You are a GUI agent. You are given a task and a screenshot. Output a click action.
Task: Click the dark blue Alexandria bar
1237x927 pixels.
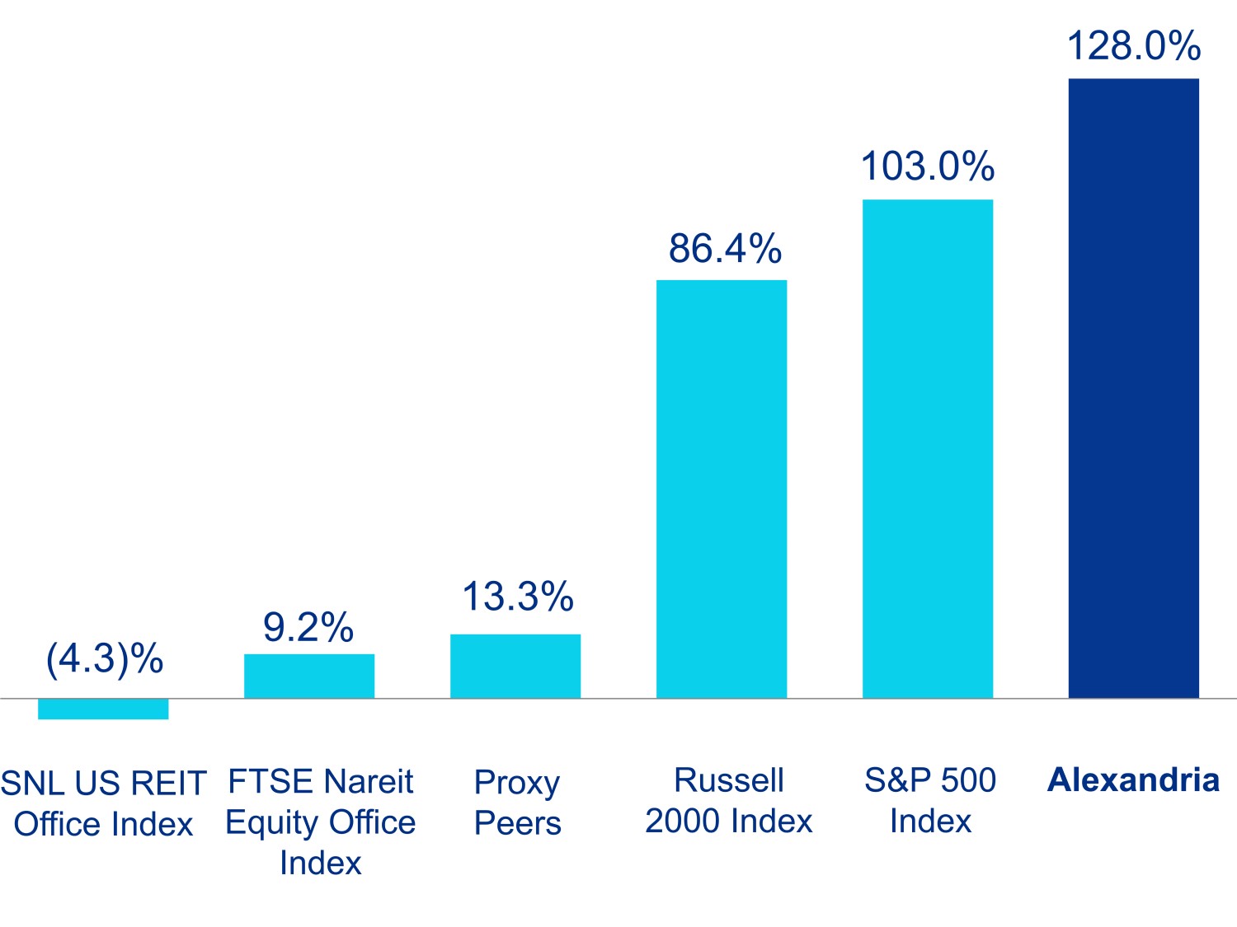tap(1133, 387)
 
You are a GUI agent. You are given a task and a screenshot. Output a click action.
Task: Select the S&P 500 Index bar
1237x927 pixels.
tap(927, 449)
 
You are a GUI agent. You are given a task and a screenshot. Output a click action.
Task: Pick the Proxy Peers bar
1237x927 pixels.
tap(515, 666)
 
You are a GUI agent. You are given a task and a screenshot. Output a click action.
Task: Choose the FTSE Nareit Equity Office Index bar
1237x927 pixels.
tap(309, 676)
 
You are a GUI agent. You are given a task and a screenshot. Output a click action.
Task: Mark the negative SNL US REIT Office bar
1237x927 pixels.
tap(103, 709)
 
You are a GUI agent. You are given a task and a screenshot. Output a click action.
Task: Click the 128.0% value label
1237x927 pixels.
tap(1133, 45)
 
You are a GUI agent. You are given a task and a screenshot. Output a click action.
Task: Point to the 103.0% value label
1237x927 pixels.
tap(928, 166)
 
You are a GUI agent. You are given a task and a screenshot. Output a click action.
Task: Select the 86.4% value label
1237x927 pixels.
tap(725, 248)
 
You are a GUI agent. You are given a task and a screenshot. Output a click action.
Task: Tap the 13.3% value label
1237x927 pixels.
tap(518, 597)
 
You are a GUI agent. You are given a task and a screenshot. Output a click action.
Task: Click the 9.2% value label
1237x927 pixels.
tap(308, 628)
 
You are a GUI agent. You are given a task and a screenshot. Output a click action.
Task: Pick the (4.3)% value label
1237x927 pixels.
tap(105, 658)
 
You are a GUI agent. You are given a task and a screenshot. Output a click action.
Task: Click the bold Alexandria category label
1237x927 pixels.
tap(1133, 780)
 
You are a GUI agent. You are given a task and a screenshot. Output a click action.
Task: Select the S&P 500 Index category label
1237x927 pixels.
tap(930, 800)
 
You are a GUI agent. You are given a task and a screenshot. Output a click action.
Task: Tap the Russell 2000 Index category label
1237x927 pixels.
tap(729, 800)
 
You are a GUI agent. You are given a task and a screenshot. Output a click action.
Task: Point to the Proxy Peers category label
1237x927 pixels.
tap(517, 802)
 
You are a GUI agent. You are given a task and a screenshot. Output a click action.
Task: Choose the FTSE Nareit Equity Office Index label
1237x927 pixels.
tap(321, 822)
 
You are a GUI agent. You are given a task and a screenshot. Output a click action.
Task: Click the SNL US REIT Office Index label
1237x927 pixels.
tap(103, 803)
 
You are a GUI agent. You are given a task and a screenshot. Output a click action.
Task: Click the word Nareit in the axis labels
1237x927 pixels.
tap(368, 781)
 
